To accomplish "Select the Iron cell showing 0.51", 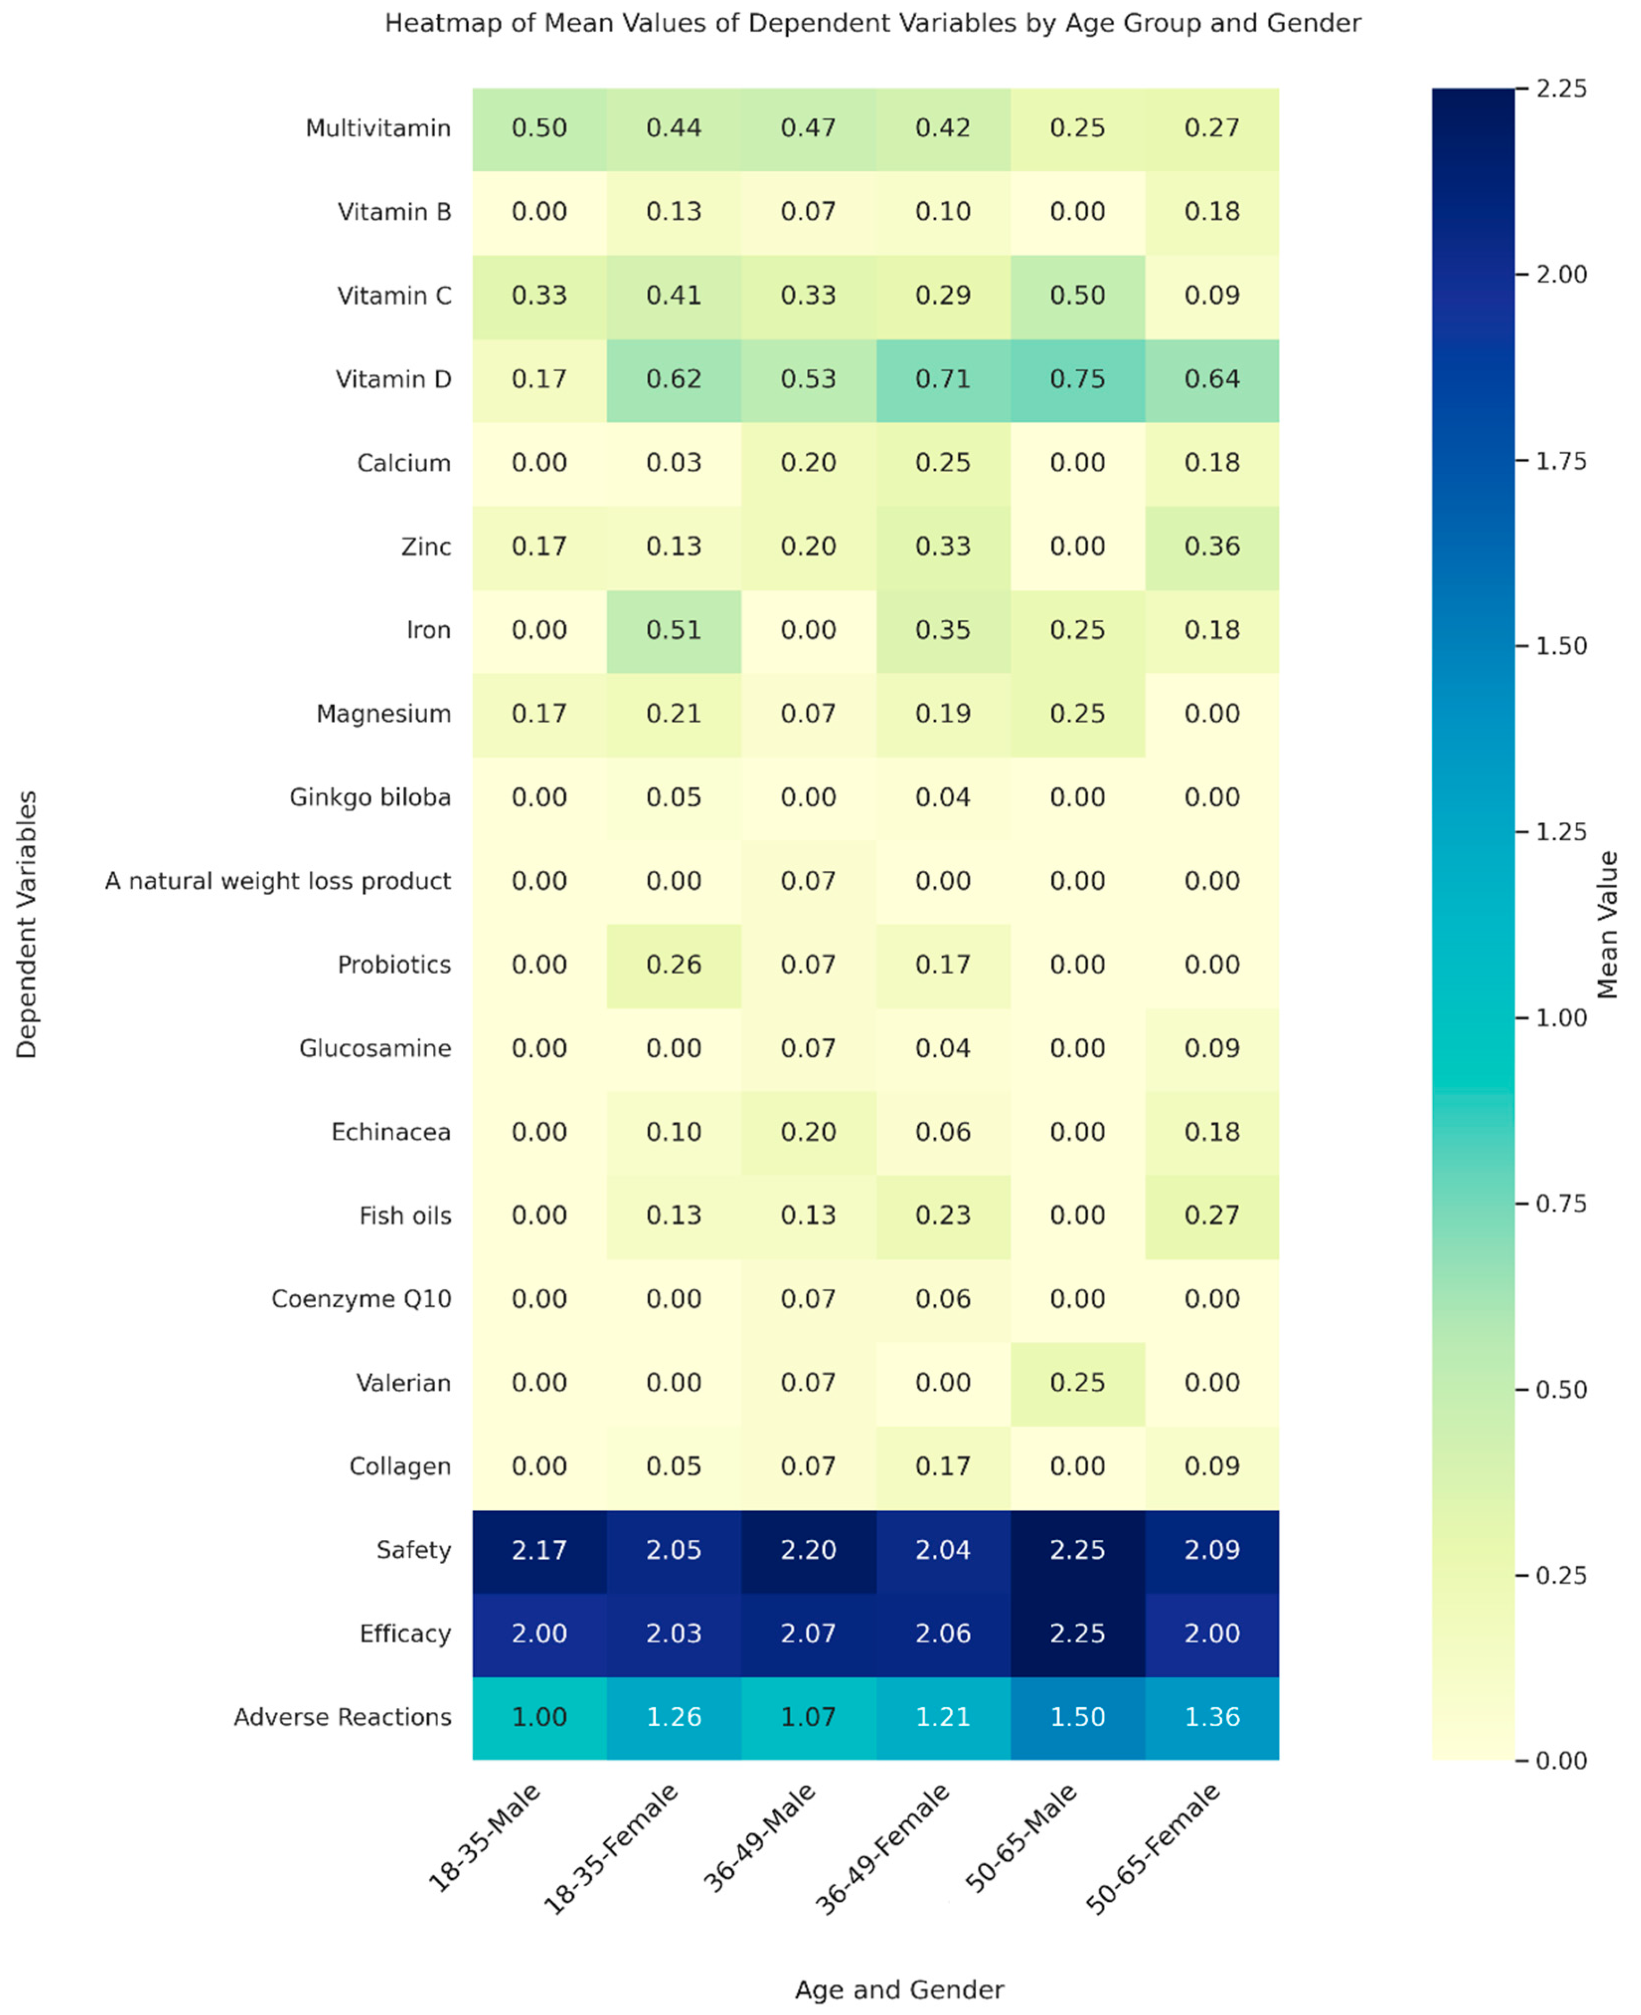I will point(673,630).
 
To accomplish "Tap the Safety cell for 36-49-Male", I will point(808,1550).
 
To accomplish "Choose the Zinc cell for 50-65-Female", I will point(1212,547).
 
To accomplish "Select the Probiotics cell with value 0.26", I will point(673,965).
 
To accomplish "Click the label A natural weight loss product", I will point(278,881).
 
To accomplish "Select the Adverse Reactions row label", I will point(342,1717).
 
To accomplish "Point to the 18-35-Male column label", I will point(484,1838).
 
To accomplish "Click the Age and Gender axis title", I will point(899,1990).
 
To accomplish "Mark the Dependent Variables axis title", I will point(26,924).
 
